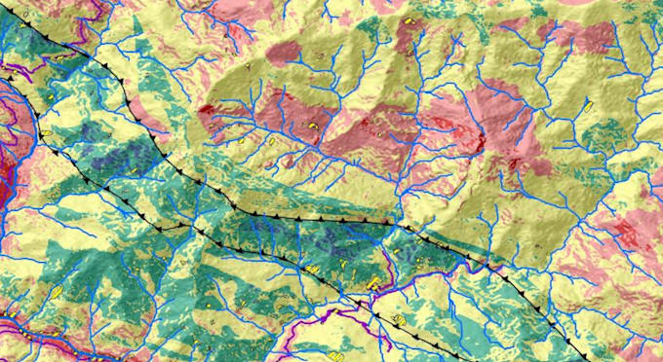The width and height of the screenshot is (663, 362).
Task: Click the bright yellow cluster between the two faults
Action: point(375,283)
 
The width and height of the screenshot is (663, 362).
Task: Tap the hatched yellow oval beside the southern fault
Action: point(399,320)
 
